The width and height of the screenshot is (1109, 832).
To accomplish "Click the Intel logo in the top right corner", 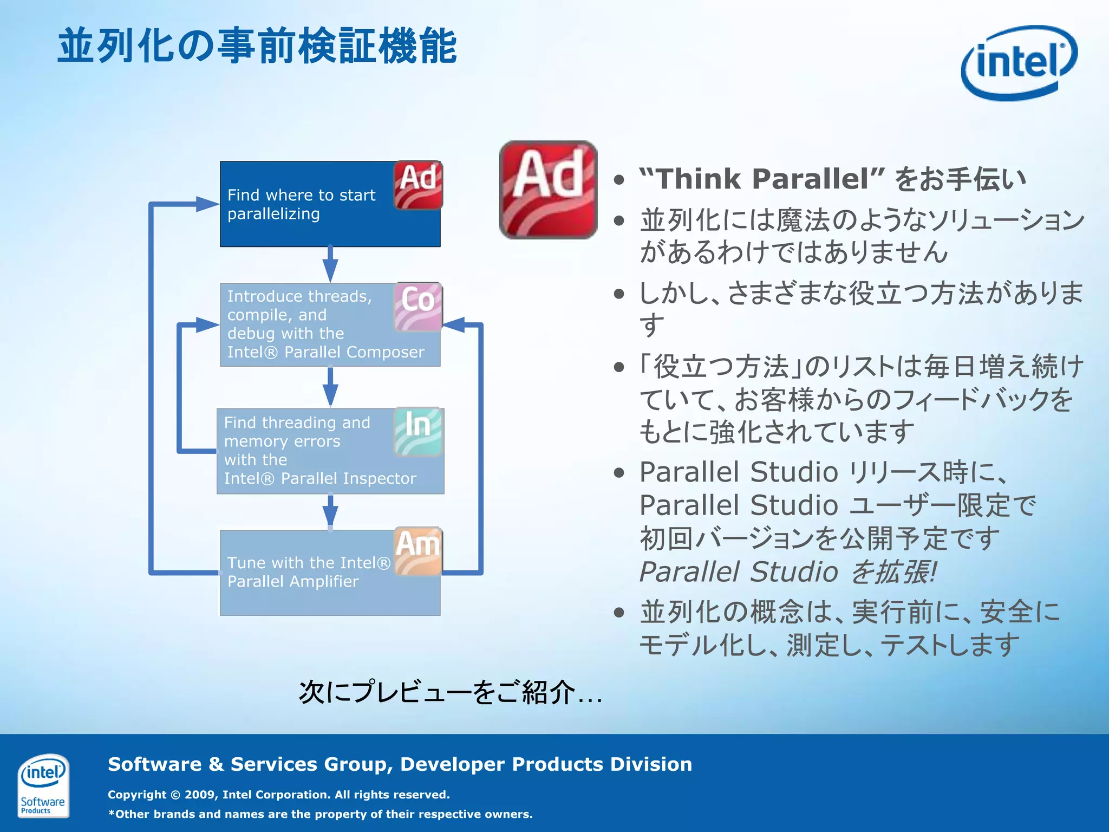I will (x=1019, y=62).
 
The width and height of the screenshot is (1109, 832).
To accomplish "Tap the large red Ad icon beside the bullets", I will (x=548, y=190).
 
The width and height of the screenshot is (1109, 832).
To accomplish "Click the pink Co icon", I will (x=417, y=307).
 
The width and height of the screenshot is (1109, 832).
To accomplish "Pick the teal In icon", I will (x=417, y=431).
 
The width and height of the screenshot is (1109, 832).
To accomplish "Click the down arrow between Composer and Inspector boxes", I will (x=330, y=388).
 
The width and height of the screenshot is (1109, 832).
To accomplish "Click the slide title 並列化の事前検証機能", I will (x=258, y=47).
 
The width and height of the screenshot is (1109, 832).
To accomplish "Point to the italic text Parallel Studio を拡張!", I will (x=788, y=572).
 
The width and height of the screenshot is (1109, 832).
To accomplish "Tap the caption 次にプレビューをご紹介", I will (x=449, y=692).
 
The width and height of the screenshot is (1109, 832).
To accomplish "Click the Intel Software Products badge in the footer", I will (x=43, y=785).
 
